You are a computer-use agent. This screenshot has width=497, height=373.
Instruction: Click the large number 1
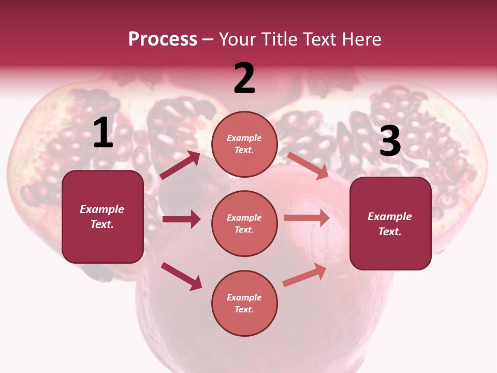coord(103,133)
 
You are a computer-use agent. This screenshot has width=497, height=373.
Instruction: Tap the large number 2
coord(244,78)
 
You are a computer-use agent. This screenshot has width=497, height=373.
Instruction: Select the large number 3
coord(390,141)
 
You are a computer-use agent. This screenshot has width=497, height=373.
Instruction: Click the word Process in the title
coord(163,39)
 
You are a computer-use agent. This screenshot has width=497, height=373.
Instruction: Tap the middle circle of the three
coord(244,223)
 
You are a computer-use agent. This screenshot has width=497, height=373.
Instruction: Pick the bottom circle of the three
coord(244,303)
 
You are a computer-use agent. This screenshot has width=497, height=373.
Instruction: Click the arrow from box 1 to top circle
coord(180,165)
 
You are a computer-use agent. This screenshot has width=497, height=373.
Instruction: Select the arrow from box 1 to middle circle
coord(181,219)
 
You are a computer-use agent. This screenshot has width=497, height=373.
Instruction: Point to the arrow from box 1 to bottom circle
coord(182,276)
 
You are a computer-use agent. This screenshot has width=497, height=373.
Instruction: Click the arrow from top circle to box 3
coord(308,165)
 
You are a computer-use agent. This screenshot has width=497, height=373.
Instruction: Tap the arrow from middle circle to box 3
coord(306,218)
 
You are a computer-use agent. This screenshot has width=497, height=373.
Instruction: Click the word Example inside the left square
coord(102,209)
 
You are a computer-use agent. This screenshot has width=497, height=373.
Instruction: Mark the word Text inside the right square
coord(390,232)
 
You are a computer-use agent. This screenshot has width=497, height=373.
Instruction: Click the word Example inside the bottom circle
coord(244,297)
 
